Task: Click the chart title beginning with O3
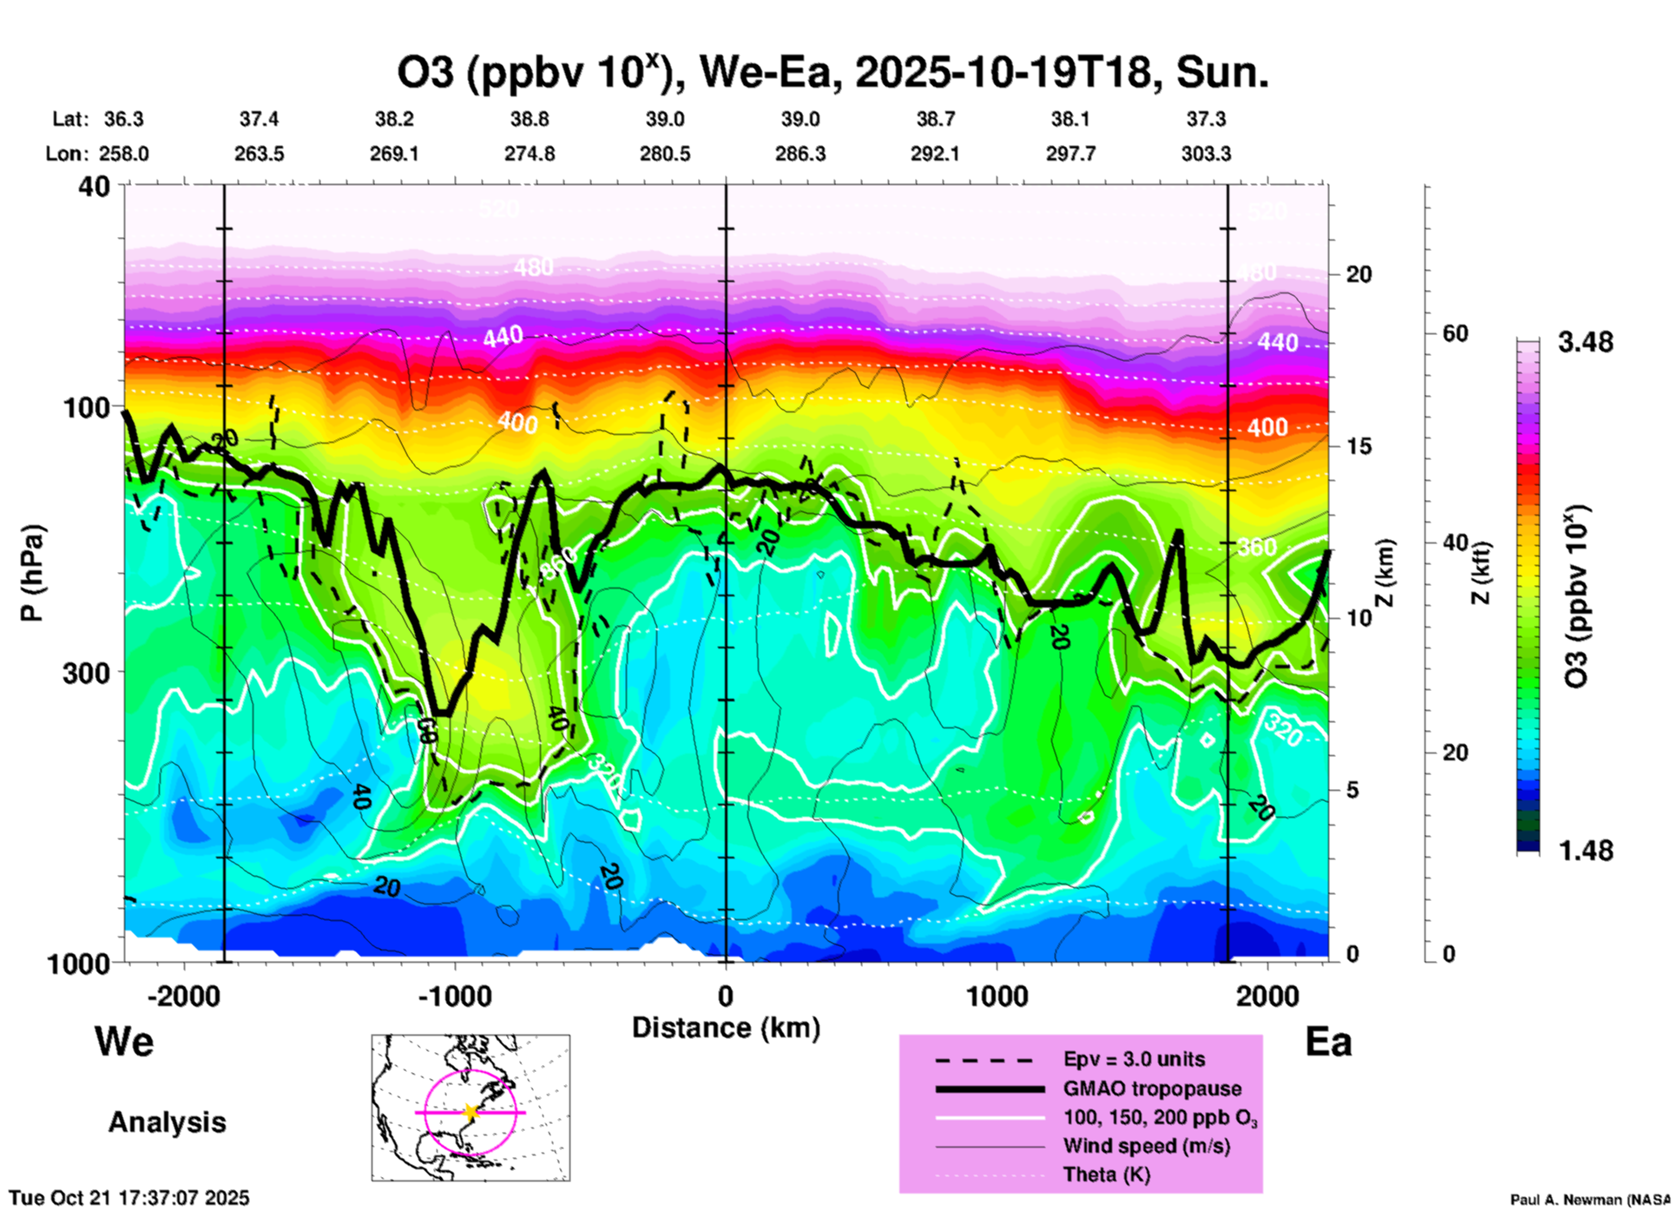click(x=833, y=73)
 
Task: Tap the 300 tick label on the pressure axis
click(x=86, y=673)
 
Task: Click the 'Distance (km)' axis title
click(x=726, y=1028)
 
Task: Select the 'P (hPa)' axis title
click(x=31, y=573)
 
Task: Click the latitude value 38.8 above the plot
click(x=529, y=119)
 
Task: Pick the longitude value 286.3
click(x=800, y=154)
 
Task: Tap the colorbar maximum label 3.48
click(x=1585, y=342)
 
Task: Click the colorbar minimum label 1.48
click(x=1585, y=850)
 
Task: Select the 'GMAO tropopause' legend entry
click(x=1152, y=1088)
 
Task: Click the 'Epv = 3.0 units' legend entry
click(x=1134, y=1059)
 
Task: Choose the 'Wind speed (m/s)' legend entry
click(x=1146, y=1146)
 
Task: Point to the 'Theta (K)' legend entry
click(x=1106, y=1174)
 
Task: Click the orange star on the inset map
click(x=471, y=1112)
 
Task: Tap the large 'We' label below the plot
click(x=124, y=1041)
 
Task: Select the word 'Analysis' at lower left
click(x=167, y=1122)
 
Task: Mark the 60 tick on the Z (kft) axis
click(x=1455, y=333)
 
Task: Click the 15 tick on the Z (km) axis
click(x=1359, y=446)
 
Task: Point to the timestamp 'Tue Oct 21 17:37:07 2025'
click(x=129, y=1198)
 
